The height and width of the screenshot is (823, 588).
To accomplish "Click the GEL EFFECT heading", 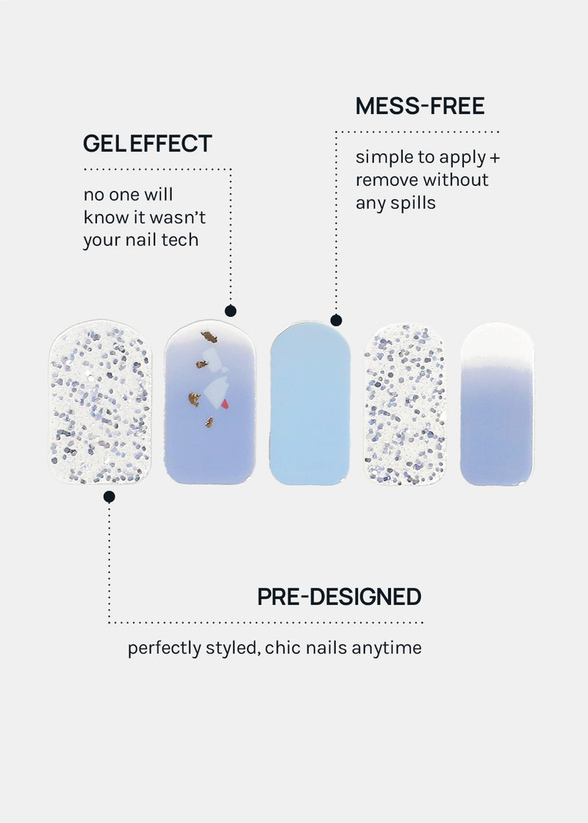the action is coord(148,143).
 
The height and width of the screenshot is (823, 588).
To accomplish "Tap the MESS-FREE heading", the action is coord(420,106).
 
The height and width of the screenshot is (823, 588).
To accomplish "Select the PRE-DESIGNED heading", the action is coord(339,597).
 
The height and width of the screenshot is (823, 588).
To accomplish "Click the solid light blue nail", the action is coord(309,403).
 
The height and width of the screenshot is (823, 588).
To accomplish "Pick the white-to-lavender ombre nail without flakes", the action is coord(497,403).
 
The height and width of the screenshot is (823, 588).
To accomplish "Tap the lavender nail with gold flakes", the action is coord(209,402).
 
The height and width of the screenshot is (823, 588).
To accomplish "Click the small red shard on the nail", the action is coord(225,403).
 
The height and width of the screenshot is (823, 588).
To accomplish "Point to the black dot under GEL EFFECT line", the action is coord(231,311).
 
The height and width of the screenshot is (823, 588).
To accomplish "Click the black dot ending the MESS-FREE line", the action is coord(336,320).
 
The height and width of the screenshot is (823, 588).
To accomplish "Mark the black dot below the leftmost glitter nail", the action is coord(110,497).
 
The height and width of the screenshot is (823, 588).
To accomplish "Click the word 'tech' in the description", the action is coord(180,240).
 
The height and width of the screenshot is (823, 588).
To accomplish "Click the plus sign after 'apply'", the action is coord(495,157).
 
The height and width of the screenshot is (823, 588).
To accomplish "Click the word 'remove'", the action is coord(386,180).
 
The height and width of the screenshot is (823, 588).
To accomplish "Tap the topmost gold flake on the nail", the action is coord(209,337).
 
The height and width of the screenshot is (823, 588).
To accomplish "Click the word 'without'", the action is coord(456,180).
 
